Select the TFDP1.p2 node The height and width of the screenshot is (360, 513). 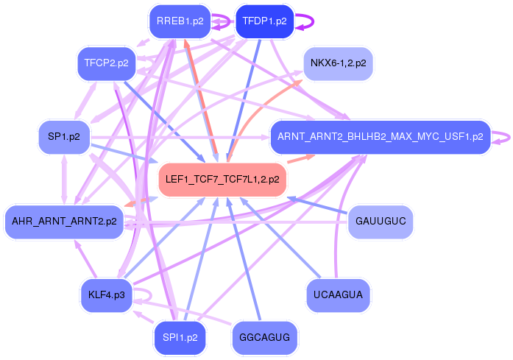264,21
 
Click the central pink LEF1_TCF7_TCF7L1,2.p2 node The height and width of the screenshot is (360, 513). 222,180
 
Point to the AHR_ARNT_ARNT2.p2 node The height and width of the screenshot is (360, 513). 64,222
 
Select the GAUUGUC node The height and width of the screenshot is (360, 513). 380,222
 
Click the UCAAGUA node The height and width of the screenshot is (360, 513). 338,296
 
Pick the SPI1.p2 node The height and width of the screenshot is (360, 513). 180,338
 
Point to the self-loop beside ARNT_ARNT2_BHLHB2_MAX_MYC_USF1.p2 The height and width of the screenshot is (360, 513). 504,137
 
